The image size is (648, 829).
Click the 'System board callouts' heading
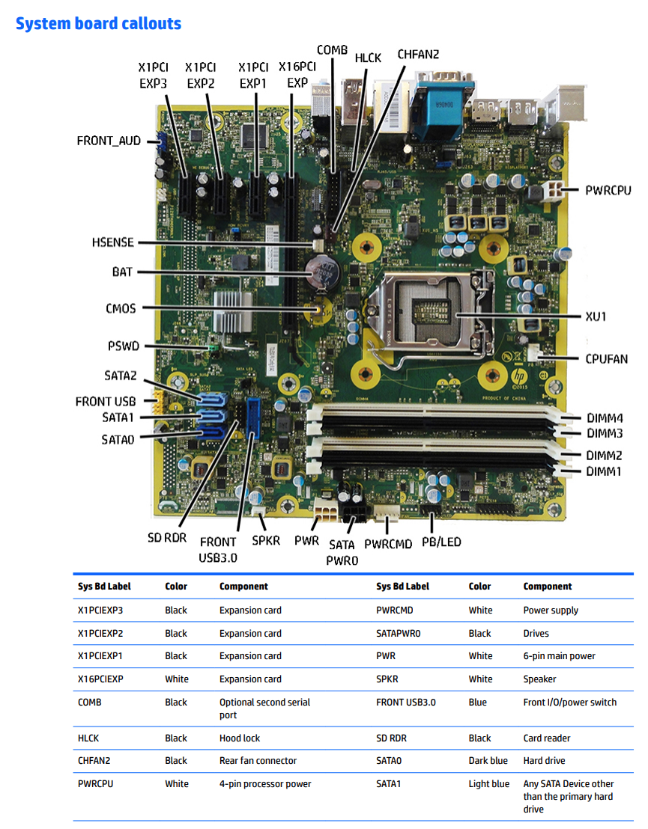98,24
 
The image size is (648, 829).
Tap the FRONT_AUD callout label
109,141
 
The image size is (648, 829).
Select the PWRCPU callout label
608,191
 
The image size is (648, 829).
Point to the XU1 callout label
596,316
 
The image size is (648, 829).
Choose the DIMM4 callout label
605,418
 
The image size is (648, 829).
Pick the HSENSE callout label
113,242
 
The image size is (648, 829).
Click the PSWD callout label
124,346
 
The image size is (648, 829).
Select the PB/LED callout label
441,542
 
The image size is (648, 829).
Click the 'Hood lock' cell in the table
240,738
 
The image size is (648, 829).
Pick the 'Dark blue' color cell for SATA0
488,761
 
